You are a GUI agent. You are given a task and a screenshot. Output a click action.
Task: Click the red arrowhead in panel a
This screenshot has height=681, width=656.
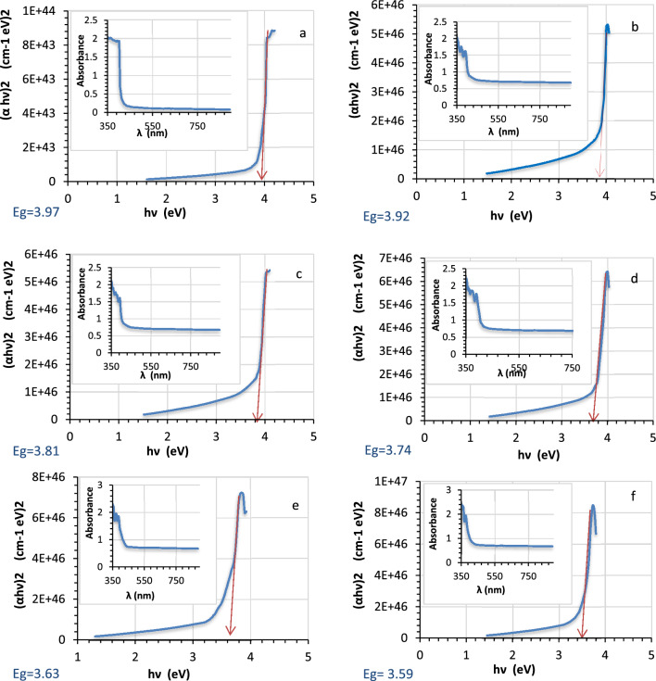point(262,175)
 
